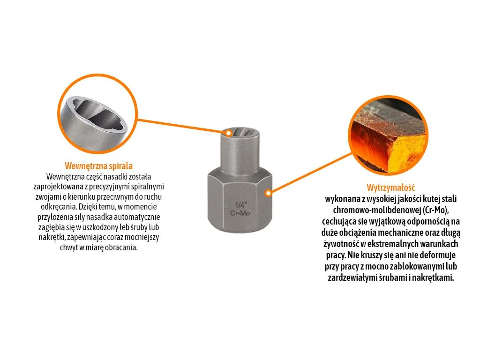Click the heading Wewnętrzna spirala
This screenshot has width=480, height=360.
(x=98, y=166)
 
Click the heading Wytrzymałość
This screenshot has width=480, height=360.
(x=391, y=187)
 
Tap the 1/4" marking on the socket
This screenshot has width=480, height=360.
(x=240, y=205)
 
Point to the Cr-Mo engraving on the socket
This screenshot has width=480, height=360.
(x=240, y=213)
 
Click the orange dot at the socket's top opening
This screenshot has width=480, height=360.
(x=228, y=133)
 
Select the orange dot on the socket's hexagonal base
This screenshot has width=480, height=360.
(x=268, y=193)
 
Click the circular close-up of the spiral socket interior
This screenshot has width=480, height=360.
(x=97, y=113)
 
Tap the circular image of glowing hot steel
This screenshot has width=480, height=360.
(x=388, y=135)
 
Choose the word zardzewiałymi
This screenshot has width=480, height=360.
(x=349, y=278)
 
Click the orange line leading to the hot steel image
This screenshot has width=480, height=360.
(x=310, y=173)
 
